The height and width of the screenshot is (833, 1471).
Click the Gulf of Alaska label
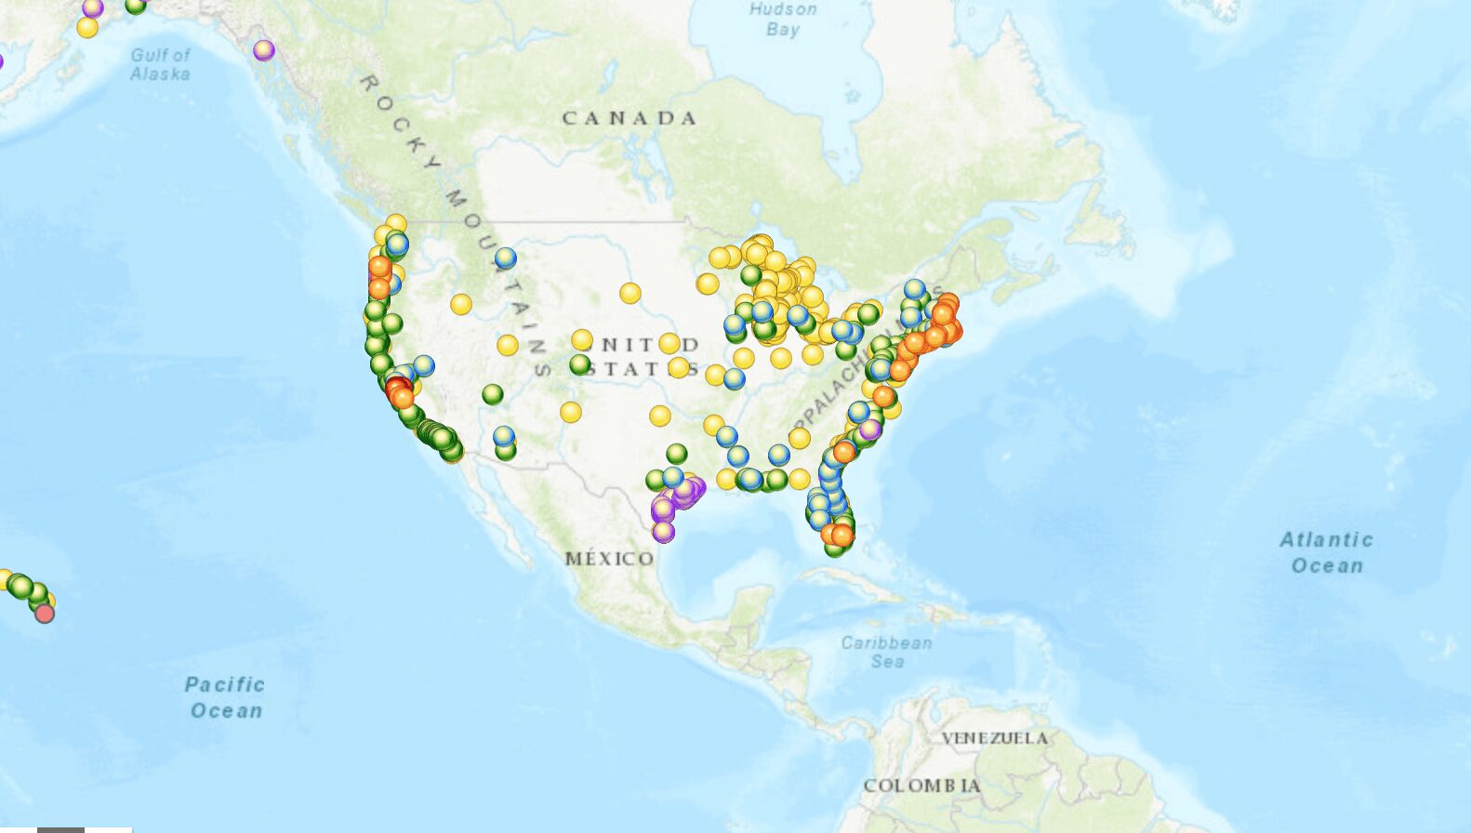160,64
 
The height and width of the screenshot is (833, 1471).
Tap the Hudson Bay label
783,20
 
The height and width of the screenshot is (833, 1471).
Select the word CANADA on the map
629,118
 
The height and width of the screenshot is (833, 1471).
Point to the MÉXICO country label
610,559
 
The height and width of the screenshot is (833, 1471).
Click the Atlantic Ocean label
1327,552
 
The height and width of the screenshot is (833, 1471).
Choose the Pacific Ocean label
225,697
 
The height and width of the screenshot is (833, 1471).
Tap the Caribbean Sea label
886,652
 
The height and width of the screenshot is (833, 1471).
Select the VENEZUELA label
995,738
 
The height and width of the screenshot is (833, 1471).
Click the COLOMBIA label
921,786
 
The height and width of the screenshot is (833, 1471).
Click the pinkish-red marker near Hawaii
45,613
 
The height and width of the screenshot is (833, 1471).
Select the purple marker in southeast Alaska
264,49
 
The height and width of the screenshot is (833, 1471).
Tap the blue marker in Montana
505,258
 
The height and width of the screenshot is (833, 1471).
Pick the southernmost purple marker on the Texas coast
663,532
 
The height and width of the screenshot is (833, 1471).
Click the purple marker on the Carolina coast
869,430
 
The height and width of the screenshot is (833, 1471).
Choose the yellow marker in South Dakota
630,294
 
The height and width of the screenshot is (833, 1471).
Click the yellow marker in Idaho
461,303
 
